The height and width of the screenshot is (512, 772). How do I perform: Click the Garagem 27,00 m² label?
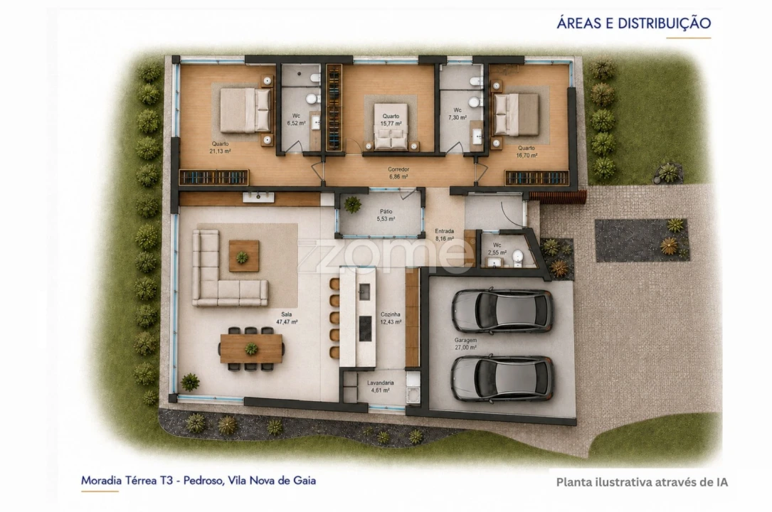[x=465, y=343]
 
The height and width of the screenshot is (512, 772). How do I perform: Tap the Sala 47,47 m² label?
[x=287, y=318]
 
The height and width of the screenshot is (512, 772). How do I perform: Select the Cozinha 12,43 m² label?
[x=391, y=318]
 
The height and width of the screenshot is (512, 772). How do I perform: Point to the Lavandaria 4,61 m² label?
[x=381, y=387]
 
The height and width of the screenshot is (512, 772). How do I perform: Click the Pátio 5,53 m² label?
[x=386, y=215]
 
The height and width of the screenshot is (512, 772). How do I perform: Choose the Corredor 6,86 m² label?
[x=398, y=173]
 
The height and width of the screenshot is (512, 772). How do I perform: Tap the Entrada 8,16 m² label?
[x=445, y=235]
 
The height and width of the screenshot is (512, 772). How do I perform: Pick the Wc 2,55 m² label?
[x=497, y=249]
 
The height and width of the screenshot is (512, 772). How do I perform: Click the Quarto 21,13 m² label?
[x=220, y=147]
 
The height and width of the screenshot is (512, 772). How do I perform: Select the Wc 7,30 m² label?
[x=458, y=114]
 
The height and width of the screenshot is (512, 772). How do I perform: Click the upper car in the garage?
[x=502, y=310]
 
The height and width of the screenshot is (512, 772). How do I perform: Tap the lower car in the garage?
[x=502, y=378]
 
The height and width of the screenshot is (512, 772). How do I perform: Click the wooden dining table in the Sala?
[x=252, y=348]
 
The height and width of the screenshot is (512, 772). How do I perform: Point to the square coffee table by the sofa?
[x=244, y=255]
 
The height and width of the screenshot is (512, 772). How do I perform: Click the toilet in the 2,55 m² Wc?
[x=517, y=258]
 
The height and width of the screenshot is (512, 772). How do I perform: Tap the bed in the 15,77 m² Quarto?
[x=391, y=126]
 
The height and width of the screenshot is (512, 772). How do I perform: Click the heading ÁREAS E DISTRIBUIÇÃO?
[x=634, y=23]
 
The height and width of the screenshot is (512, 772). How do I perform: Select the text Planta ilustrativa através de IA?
[x=642, y=482]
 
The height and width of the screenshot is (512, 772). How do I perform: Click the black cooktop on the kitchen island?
[x=365, y=329]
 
